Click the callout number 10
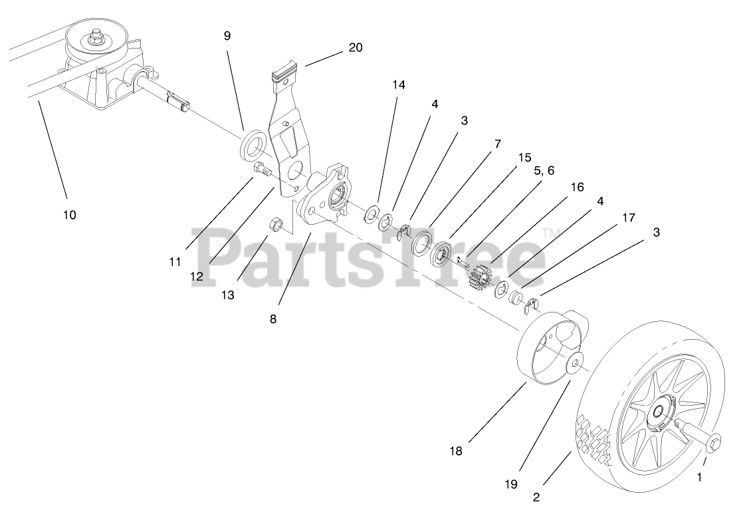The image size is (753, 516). [70, 215]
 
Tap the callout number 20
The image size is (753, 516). [356, 47]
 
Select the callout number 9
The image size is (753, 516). [227, 36]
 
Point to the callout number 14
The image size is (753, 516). [398, 84]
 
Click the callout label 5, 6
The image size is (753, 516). [543, 171]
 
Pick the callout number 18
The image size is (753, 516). [455, 451]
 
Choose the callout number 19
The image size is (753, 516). [510, 484]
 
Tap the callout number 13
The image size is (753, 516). [228, 295]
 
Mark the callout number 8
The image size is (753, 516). [272, 319]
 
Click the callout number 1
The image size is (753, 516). [699, 477]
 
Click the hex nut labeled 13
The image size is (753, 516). [276, 225]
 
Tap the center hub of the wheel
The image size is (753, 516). [660, 414]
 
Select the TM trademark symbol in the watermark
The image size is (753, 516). [551, 232]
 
